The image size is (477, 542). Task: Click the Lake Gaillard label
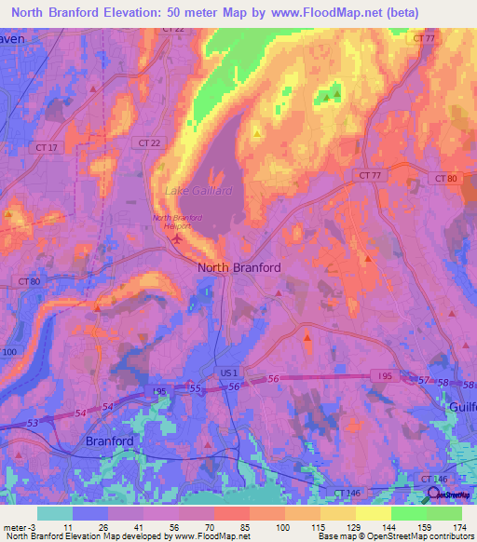(x=198, y=191)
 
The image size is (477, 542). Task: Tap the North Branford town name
(x=238, y=267)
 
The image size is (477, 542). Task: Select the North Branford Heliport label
(x=176, y=222)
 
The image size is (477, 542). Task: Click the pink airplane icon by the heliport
(x=177, y=239)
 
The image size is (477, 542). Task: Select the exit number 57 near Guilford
(x=425, y=381)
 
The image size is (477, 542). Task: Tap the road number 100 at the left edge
(x=9, y=352)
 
